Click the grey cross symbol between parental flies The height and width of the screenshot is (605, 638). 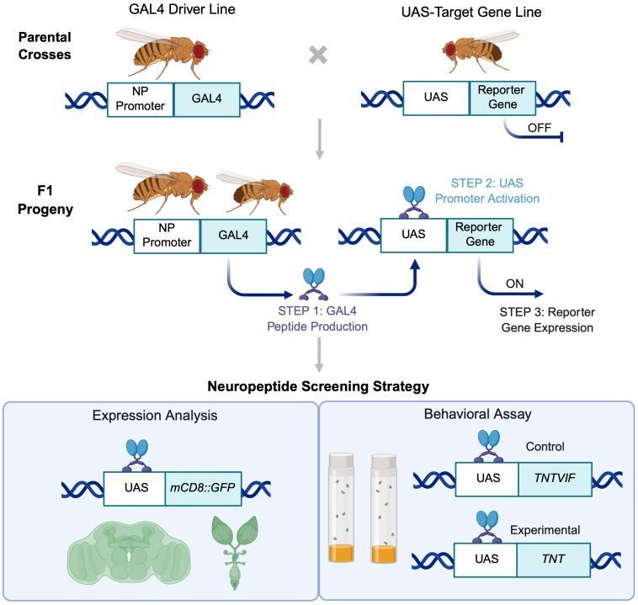coord(318,56)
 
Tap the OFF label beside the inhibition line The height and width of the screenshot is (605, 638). coord(540,128)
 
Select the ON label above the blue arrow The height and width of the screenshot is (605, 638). coord(515,284)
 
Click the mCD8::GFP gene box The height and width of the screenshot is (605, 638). coord(203,488)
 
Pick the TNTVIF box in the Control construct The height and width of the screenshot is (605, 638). coord(555,479)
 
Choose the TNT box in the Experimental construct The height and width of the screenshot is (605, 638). coord(553,560)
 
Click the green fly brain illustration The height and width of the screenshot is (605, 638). coord(129,551)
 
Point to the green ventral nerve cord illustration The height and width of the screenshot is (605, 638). coord(235,552)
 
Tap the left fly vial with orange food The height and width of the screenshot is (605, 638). coord(341,507)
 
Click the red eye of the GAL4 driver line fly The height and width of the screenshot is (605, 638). coord(199,50)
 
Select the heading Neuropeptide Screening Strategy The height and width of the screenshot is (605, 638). coord(318,386)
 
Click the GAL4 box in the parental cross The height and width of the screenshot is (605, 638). coord(207,99)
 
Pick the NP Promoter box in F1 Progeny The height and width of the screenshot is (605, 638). coord(167,236)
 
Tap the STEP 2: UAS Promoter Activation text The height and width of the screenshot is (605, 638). coord(487,191)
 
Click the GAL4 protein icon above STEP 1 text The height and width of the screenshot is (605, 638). coord(314,284)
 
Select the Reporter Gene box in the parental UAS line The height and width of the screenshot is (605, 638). coord(502,98)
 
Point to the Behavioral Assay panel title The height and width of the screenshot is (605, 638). coord(478,414)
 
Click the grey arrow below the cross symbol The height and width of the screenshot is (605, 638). coord(320,139)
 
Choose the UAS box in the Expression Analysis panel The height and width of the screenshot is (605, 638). coord(135,488)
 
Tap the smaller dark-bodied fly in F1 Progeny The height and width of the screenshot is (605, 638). coord(256,192)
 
